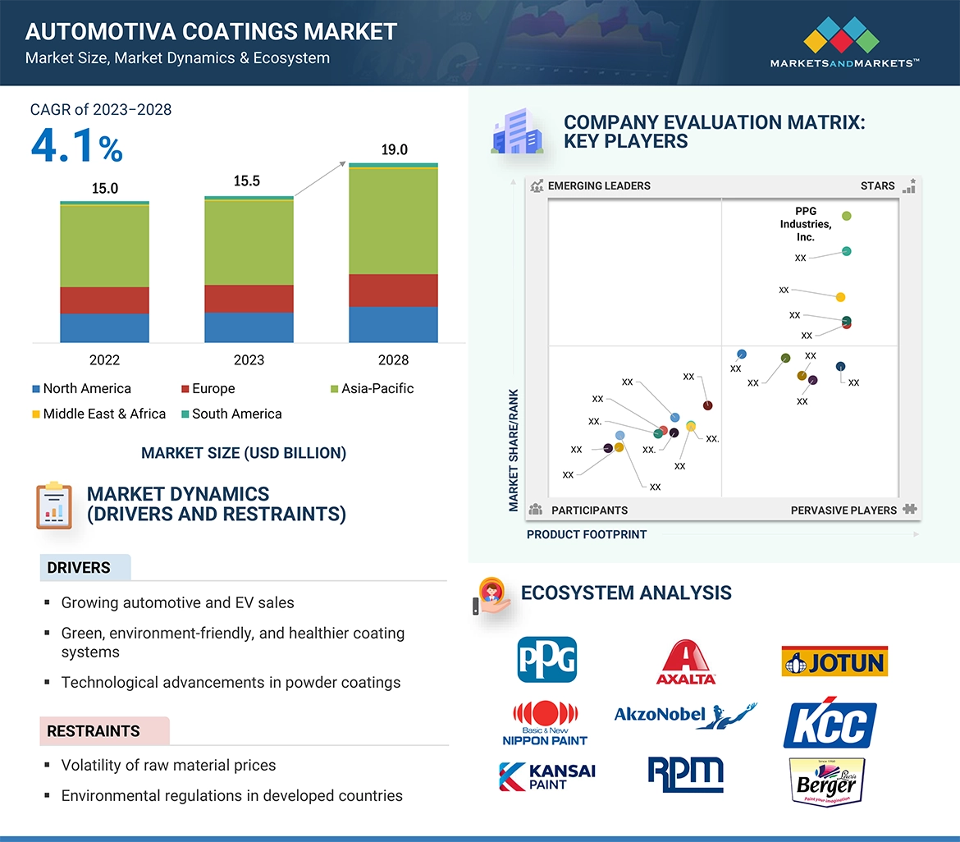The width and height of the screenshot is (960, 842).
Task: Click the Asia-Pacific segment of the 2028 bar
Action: pyautogui.click(x=393, y=220)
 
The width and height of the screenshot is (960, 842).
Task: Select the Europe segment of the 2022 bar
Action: pyautogui.click(x=104, y=300)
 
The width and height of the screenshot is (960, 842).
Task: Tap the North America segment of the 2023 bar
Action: pyautogui.click(x=249, y=327)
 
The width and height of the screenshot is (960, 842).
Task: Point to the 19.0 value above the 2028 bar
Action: pyautogui.click(x=394, y=150)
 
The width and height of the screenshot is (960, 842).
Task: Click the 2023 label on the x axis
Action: pyautogui.click(x=249, y=359)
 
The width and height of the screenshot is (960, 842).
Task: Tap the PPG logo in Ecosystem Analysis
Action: pyautogui.click(x=546, y=659)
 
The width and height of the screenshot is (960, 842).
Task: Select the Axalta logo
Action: pyautogui.click(x=686, y=661)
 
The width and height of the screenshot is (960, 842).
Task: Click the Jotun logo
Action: pyautogui.click(x=834, y=661)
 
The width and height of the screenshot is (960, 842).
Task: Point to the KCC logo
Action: pyautogui.click(x=830, y=725)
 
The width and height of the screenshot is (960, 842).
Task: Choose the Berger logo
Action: pyautogui.click(x=826, y=782)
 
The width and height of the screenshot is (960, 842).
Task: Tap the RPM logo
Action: pyautogui.click(x=685, y=775)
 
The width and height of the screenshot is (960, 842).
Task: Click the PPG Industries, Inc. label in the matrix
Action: pyautogui.click(x=805, y=224)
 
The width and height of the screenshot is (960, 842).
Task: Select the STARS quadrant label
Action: pyautogui.click(x=877, y=185)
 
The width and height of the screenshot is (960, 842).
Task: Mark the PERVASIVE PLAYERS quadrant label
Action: pyautogui.click(x=843, y=510)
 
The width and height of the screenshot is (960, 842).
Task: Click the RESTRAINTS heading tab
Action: pyautogui.click(x=94, y=731)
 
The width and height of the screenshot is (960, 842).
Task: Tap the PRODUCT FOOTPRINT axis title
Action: pyautogui.click(x=587, y=534)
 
